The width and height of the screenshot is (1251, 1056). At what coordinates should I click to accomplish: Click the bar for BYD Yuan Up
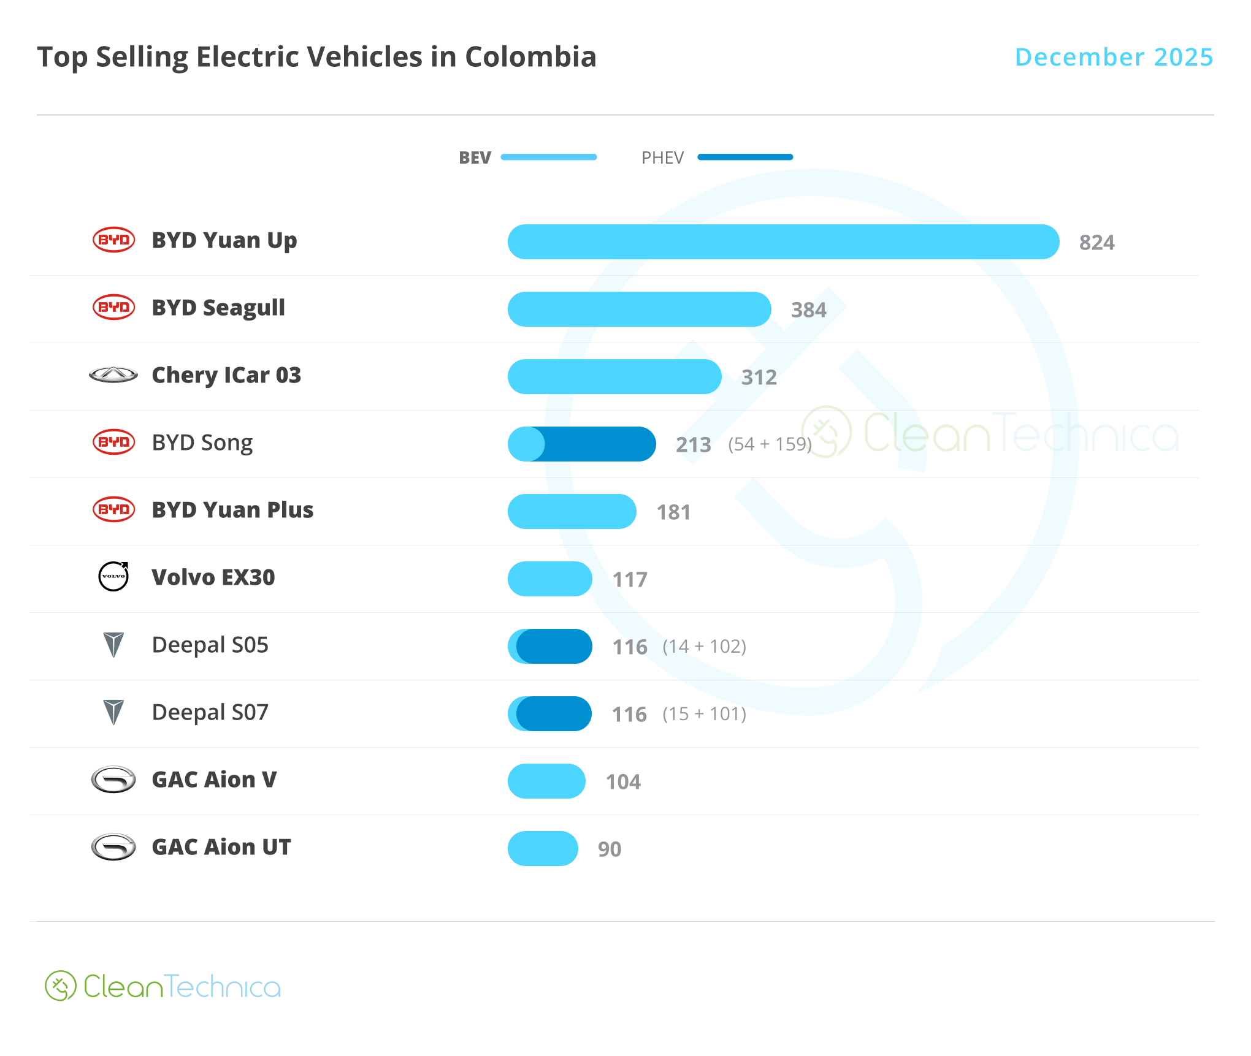click(783, 241)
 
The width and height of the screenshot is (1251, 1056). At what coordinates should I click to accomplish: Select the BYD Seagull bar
click(639, 309)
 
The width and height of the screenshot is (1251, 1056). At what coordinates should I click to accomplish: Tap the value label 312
click(759, 377)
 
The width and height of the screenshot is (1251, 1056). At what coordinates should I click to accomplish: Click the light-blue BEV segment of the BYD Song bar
click(524, 444)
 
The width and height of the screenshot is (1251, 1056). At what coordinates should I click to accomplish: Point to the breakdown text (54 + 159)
click(770, 444)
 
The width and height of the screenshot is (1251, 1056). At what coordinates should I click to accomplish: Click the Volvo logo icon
click(114, 577)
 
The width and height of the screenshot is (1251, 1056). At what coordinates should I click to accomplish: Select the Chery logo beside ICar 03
click(113, 374)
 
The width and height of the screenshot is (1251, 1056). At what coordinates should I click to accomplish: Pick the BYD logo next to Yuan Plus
click(113, 509)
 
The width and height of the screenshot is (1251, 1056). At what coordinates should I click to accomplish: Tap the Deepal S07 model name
click(210, 712)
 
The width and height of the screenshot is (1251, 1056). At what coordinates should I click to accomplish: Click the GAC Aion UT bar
click(543, 848)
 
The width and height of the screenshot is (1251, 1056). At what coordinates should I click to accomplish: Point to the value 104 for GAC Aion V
click(623, 781)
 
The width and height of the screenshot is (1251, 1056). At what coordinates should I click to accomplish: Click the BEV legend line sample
click(549, 158)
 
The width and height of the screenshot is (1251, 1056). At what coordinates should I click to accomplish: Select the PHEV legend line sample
click(745, 158)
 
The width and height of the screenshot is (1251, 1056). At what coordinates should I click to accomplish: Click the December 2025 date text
click(1114, 57)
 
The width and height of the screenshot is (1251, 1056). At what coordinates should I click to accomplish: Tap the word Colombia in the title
click(530, 57)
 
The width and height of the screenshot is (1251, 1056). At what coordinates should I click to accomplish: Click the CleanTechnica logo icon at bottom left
click(60, 986)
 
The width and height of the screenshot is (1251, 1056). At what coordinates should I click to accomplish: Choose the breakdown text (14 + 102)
click(704, 646)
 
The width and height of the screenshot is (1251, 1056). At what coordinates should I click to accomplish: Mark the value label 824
click(1096, 242)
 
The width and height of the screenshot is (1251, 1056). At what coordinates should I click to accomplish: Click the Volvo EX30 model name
click(213, 577)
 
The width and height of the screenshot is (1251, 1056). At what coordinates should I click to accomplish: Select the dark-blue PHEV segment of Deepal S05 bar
click(555, 646)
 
